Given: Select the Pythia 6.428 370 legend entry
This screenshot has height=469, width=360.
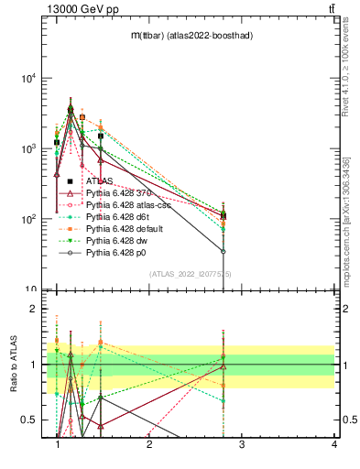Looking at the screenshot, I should (x=119, y=193).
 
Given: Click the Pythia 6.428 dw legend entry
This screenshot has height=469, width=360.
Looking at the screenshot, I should (x=117, y=239).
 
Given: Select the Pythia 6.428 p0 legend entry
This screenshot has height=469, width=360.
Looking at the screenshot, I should (x=117, y=251).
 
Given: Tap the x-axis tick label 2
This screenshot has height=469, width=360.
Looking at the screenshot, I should (x=149, y=444).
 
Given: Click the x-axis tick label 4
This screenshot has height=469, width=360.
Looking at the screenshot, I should (x=334, y=444).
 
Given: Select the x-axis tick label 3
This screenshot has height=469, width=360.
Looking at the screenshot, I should (x=242, y=444).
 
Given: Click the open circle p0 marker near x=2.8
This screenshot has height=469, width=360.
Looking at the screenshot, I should (x=223, y=251).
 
